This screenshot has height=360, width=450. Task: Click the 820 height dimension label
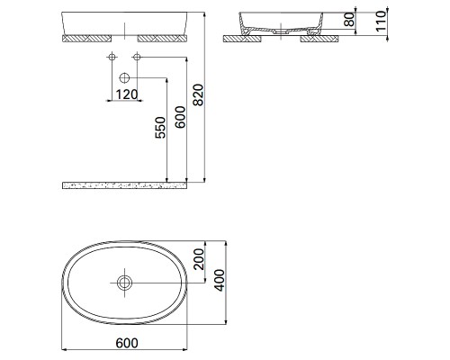click(x=198, y=94)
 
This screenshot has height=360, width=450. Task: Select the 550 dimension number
click(x=160, y=128)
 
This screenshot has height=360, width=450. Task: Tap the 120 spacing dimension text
click(x=127, y=94)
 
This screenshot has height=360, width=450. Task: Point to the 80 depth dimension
click(x=350, y=20)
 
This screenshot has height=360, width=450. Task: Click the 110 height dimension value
click(x=381, y=21)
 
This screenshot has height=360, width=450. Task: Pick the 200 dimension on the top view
click(x=199, y=259)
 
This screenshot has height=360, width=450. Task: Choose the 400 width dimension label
click(x=220, y=281)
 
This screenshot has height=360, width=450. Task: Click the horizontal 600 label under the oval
click(x=127, y=343)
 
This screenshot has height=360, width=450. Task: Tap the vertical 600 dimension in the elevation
click(x=181, y=117)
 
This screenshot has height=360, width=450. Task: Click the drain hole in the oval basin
click(x=124, y=283)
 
